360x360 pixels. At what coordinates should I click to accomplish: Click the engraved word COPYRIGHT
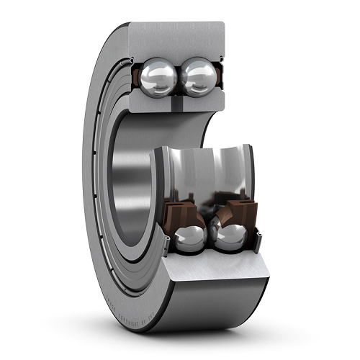click(x=128, y=320)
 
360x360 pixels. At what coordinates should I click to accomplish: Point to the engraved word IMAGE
click(x=111, y=302)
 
